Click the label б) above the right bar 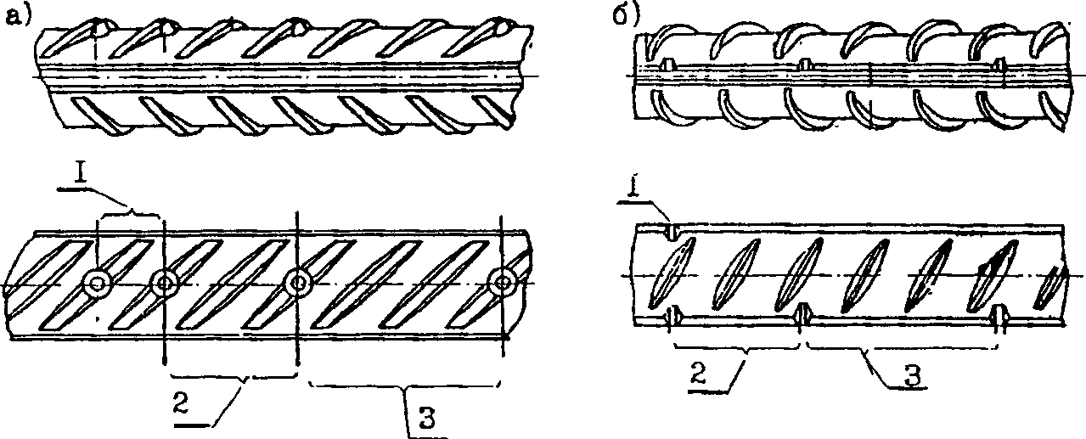coord(627,15)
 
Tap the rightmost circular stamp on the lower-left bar coord(503,282)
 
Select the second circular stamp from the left coord(165,282)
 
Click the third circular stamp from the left coord(297,282)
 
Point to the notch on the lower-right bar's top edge coord(672,231)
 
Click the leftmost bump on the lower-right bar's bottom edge coord(672,316)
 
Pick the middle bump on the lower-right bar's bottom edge coord(803,313)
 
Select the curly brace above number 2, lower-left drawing coord(234,377)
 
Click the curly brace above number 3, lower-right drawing coord(902,346)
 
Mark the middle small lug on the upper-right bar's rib coord(804,65)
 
